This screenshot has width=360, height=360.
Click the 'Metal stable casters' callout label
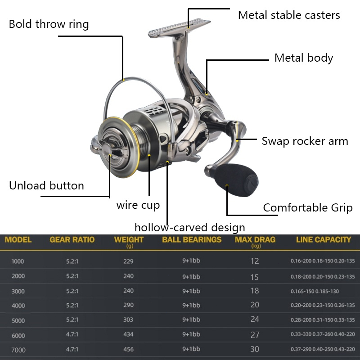tap(289, 15)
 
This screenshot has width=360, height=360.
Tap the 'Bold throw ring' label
tap(49, 24)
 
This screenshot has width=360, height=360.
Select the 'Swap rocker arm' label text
tap(305, 141)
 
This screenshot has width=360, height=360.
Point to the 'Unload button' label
tap(46, 185)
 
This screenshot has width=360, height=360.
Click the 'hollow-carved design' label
tap(189, 228)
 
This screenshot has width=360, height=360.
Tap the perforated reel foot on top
tap(179, 28)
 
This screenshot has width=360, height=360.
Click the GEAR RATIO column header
tap(72, 240)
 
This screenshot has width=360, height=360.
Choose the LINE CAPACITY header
tap(324, 240)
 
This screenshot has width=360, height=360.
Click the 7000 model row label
tap(18, 350)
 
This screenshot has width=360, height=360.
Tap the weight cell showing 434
tap(128, 334)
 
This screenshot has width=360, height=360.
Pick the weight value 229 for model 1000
tap(128, 261)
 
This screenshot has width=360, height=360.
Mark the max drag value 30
tap(255, 349)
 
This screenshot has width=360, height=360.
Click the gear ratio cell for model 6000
tap(72, 334)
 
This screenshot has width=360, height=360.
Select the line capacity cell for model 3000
tap(315, 291)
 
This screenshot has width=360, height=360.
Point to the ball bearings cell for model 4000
tap(191, 306)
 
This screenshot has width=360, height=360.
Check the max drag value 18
tap(255, 291)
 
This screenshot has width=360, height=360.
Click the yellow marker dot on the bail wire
tap(123, 80)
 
